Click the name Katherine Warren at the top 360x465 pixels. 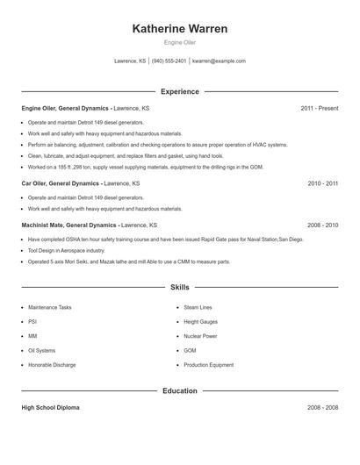point(180,29)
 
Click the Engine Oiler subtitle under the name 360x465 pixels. point(180,43)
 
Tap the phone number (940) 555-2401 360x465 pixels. point(169,61)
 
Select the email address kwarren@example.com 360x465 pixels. point(219,61)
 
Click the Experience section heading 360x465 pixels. point(180,91)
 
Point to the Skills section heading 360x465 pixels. point(180,287)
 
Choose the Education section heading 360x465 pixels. point(180,390)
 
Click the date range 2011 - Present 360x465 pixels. point(319,108)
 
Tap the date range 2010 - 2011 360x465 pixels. point(322,183)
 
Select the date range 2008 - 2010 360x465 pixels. point(322,225)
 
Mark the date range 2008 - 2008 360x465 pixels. point(322,408)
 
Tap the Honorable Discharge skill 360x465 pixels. point(53,364)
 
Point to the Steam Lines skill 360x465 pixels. point(198,308)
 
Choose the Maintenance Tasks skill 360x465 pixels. point(50,308)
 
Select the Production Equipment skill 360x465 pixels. point(209,364)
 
